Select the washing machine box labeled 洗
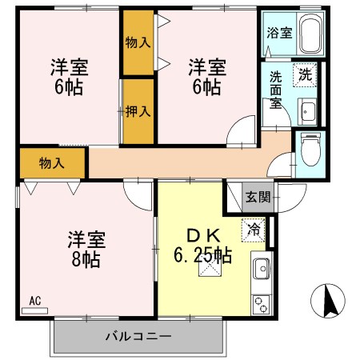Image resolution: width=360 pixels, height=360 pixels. pos(306,74)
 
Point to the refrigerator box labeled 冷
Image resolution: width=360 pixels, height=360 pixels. pos(253,229)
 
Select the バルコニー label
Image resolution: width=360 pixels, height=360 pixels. pos(138,336)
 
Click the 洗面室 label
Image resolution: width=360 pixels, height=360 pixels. pos(275,90)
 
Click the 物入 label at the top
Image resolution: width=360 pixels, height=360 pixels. pos(138,42)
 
